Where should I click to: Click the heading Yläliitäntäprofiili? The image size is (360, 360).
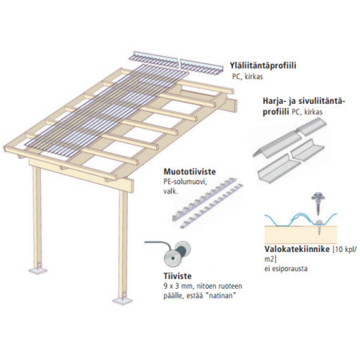tap(263, 66)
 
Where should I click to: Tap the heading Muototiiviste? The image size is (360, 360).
tap(190, 172)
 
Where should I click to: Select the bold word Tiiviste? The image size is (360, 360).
tap(178, 276)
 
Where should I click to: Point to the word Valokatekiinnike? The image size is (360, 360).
tap(297, 249)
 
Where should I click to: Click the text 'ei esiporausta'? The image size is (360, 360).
tap(286, 268)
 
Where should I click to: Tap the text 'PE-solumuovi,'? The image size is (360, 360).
tap(185, 182)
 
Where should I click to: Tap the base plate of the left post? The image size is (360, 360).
tap(38, 271)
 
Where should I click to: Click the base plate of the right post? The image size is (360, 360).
tap(122, 301)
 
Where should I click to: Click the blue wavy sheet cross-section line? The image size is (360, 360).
tap(301, 219)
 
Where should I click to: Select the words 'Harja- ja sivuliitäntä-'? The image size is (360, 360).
tap(304, 102)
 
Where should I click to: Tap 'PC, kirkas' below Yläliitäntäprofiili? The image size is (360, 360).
tap(247, 77)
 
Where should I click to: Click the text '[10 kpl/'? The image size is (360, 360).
tap(344, 250)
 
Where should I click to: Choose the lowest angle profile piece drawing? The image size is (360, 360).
tap(278, 169)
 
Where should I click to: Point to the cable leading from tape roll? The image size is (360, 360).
tap(158, 244)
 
